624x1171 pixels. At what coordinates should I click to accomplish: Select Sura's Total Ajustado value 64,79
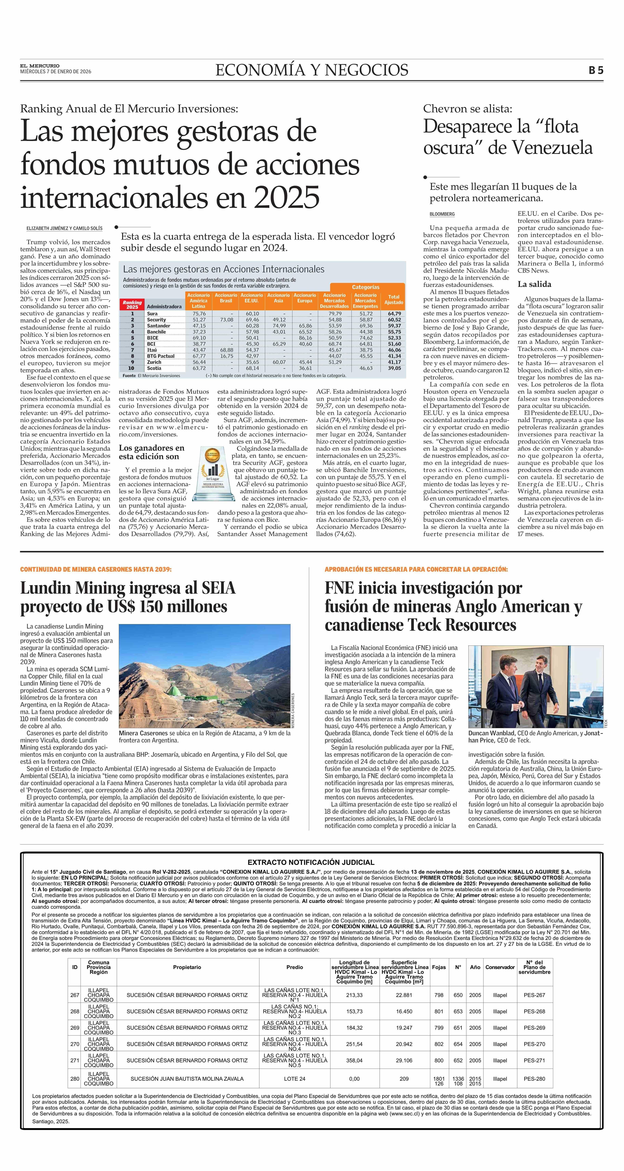click(394, 314)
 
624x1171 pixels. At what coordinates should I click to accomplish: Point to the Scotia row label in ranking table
click(154, 368)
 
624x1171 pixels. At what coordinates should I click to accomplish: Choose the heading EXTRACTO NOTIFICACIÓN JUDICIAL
click(311, 862)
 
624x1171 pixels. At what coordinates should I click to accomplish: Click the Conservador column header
click(500, 967)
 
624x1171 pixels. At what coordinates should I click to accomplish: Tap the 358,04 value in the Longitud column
click(354, 1060)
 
